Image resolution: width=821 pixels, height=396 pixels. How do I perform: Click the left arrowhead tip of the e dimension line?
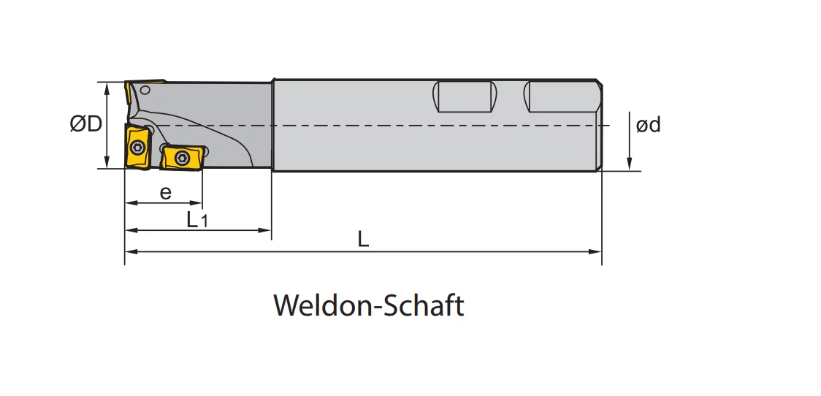(126, 202)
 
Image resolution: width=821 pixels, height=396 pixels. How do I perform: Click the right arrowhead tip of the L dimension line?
(602, 251)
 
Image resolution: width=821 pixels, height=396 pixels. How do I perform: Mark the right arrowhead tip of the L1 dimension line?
(271, 229)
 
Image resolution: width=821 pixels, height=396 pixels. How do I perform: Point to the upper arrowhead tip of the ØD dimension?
(107, 83)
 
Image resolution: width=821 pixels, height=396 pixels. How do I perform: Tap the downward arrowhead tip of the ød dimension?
(630, 170)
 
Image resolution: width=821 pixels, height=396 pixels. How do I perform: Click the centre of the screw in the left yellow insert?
(138, 147)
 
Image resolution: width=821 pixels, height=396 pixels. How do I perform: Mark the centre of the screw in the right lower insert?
(182, 158)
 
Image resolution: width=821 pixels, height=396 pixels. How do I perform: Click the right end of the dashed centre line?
(610, 126)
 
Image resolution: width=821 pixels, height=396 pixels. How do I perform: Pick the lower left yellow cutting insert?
(137, 147)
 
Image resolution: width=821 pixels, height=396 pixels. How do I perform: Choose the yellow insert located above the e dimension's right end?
(181, 158)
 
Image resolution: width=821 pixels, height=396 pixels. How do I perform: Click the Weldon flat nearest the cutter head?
(465, 97)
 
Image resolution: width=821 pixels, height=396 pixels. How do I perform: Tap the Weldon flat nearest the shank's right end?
(560, 97)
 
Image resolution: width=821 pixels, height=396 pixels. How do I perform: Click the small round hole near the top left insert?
(145, 90)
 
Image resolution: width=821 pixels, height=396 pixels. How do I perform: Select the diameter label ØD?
(86, 124)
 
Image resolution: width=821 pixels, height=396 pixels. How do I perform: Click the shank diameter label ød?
(648, 125)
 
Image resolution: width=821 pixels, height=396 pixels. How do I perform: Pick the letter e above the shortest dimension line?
(166, 193)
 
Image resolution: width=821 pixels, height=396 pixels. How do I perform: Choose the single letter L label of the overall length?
(363, 240)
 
